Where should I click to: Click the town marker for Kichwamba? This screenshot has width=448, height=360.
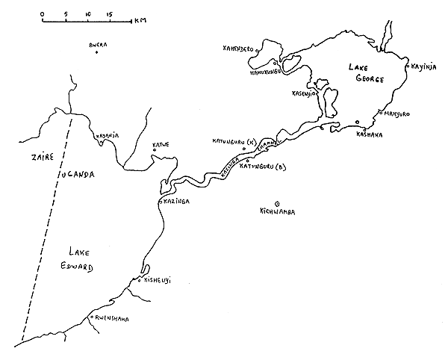pos(277,203)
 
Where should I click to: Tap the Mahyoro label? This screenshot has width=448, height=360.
pos(399,114)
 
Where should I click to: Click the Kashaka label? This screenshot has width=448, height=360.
pos(370,134)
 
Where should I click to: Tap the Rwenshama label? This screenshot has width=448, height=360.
pos(111,320)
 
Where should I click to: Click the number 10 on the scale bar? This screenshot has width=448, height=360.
pos(88,14)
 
